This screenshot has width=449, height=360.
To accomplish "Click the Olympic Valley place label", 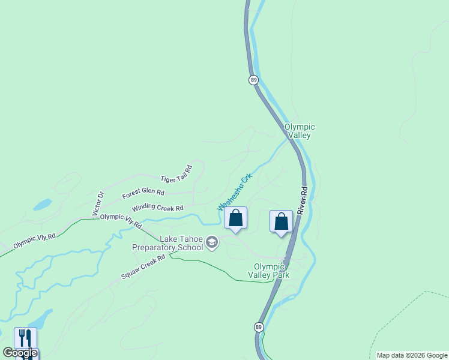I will coord(299,131).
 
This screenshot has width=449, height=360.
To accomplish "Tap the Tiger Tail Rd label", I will coord(176,174).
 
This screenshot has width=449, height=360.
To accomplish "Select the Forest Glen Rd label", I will coord(143,193).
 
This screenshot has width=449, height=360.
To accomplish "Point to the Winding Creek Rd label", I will coord(157,208).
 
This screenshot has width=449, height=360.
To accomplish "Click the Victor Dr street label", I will coord(98,203).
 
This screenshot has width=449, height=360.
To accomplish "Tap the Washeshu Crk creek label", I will coord(234,191).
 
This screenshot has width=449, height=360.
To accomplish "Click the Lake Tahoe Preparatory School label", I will coord(168,242).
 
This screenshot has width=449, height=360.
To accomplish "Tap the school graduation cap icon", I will coord(211,242).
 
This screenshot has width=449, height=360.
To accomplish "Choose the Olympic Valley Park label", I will coord(272,271).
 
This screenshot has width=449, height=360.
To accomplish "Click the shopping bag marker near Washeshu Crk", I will coord(236,218).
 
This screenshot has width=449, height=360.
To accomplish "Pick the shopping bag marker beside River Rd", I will coord(281,222).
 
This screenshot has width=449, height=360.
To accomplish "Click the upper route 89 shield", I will coord(254,80).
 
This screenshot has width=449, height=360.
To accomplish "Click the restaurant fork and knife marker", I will coord(25,338).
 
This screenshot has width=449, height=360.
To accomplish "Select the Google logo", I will coord(20,353).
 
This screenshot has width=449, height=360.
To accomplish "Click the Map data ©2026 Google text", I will coord(412,355).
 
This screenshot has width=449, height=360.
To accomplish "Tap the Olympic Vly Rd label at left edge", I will coord(35,241).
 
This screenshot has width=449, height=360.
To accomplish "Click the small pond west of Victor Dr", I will coord(42,205).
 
